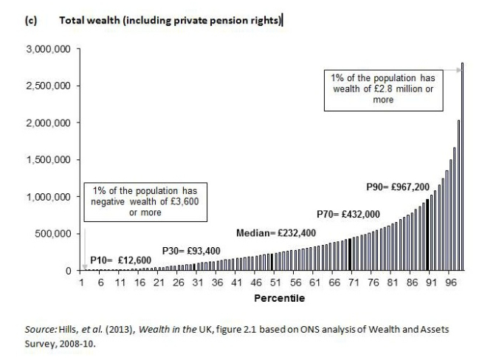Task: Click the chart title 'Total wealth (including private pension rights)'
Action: pos(170,21)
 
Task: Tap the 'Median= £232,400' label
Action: pos(277,233)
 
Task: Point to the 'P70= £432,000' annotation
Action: pos(348,214)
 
